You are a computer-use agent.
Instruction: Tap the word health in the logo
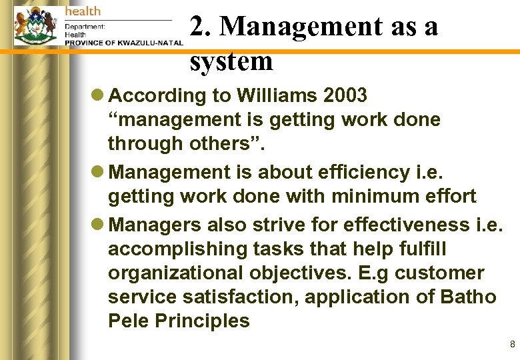point(83,11)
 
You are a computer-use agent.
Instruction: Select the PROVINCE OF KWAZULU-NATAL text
point(123,43)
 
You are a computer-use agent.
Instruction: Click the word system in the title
point(231,61)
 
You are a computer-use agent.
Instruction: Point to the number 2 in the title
point(197,27)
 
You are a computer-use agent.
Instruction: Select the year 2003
point(345,96)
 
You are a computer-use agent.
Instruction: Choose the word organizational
point(175,273)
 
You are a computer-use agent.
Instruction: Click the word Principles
point(202,320)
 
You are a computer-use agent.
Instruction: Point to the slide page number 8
point(512,345)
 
